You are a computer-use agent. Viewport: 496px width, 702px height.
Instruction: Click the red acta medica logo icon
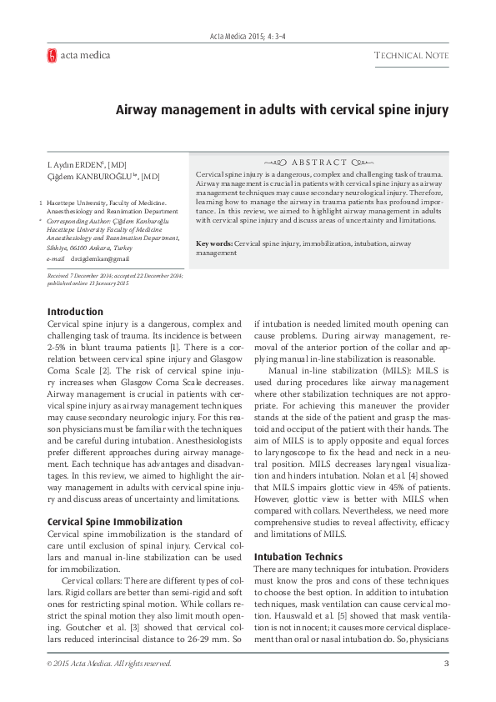pyautogui.click(x=52, y=56)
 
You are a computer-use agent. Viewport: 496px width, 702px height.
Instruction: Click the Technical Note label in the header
pyautogui.click(x=411, y=56)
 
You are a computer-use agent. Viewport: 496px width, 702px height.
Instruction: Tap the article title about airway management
pyautogui.click(x=282, y=109)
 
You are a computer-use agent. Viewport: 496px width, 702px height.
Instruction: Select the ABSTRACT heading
pyautogui.click(x=318, y=162)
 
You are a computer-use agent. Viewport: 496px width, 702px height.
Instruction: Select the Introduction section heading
pyautogui.click(x=76, y=312)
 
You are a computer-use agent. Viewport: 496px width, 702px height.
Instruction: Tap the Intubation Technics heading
pyautogui.click(x=298, y=556)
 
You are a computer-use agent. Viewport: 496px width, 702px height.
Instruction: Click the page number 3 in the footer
pyautogui.click(x=446, y=664)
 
